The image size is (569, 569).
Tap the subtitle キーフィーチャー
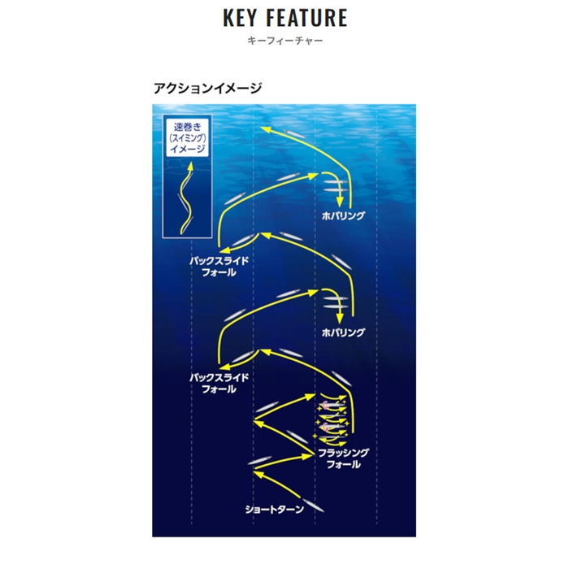284,41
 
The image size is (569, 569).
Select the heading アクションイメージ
207,88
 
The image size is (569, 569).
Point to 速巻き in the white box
187,127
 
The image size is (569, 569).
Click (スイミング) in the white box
187,138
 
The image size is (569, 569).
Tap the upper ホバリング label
343,215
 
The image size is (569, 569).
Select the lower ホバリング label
343,332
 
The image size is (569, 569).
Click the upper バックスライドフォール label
219,267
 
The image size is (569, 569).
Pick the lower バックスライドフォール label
219,383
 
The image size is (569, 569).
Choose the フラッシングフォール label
343,458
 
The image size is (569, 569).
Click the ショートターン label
275,510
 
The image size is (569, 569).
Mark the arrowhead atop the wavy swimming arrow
190,166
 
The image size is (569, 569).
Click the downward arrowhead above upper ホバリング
339,202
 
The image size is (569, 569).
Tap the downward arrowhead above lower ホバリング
339,319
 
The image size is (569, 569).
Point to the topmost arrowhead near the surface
265,129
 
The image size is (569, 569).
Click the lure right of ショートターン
314,506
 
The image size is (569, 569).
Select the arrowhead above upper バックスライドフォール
225,250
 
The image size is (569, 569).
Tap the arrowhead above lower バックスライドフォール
225,367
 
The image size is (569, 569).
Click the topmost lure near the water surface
294,133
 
